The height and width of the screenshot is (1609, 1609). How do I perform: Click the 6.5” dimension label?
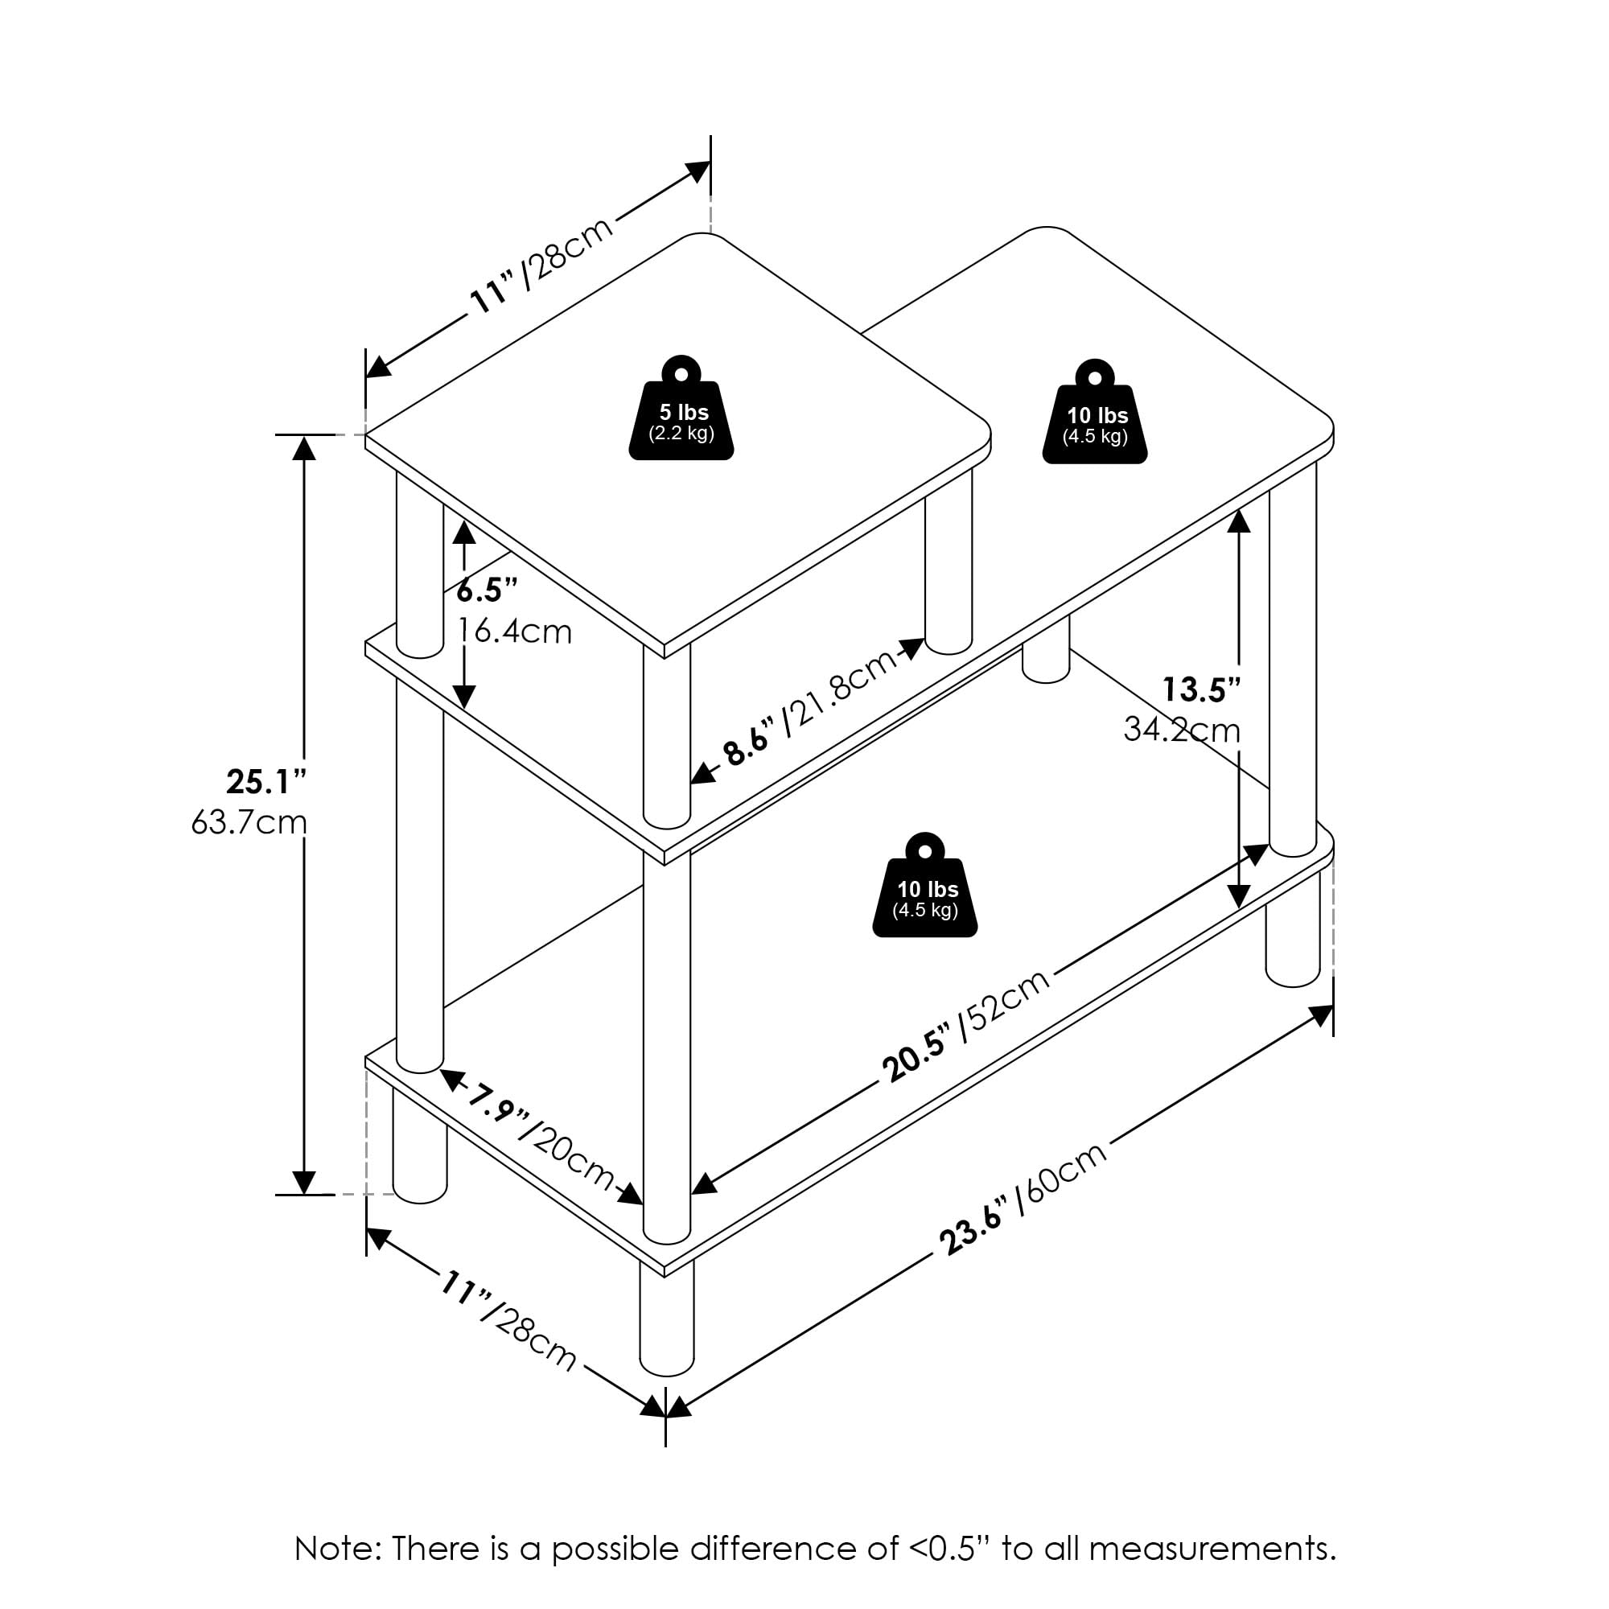pyautogui.click(x=488, y=591)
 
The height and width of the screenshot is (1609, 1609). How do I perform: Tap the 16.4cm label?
pyautogui.click(x=515, y=632)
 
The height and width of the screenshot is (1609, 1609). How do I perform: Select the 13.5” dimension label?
pyautogui.click(x=1201, y=689)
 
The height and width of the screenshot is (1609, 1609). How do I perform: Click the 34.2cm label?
pyautogui.click(x=1181, y=730)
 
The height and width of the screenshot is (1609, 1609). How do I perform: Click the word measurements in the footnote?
pyautogui.click(x=1212, y=1548)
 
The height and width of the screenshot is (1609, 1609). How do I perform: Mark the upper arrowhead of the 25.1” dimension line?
pyautogui.click(x=305, y=449)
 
